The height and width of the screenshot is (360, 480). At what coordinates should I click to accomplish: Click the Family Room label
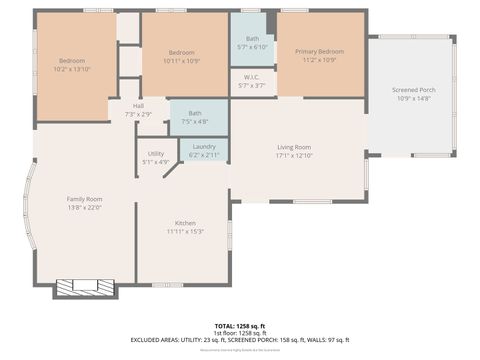[85, 199]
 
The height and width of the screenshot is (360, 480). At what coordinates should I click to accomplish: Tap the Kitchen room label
[185, 223]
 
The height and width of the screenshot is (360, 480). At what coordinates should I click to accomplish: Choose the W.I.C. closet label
[252, 78]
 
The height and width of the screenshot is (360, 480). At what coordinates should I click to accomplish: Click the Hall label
[139, 107]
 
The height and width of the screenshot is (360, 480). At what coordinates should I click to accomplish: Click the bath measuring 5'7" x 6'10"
[252, 39]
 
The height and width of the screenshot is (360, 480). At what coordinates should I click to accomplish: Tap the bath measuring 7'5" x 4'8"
[194, 115]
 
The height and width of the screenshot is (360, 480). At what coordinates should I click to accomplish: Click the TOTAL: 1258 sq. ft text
[239, 326]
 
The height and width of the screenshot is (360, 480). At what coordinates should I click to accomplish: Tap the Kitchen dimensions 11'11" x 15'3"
[185, 231]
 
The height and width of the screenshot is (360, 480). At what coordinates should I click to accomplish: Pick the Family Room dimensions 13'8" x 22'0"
[85, 207]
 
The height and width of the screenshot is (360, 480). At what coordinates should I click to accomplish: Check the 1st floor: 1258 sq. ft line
[239, 333]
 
